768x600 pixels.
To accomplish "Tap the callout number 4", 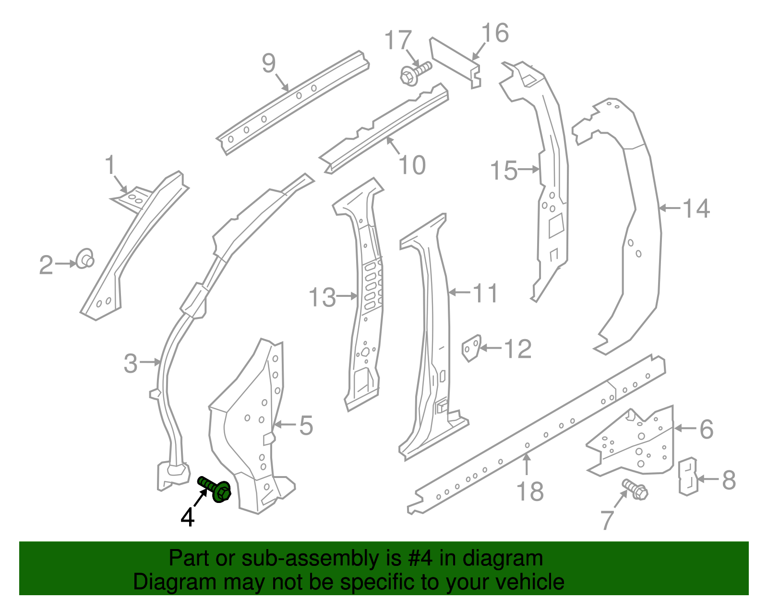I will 188,517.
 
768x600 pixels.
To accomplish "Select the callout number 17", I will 398,40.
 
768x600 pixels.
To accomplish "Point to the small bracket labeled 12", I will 471,348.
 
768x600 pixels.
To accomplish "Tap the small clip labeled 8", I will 687,476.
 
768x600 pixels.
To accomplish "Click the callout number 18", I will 530,491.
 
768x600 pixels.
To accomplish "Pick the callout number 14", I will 696,208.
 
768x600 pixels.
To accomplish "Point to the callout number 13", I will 322,297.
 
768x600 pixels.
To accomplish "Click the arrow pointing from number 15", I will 529,169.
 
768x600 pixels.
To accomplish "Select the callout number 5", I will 306,426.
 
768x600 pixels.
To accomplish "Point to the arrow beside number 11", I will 460,292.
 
